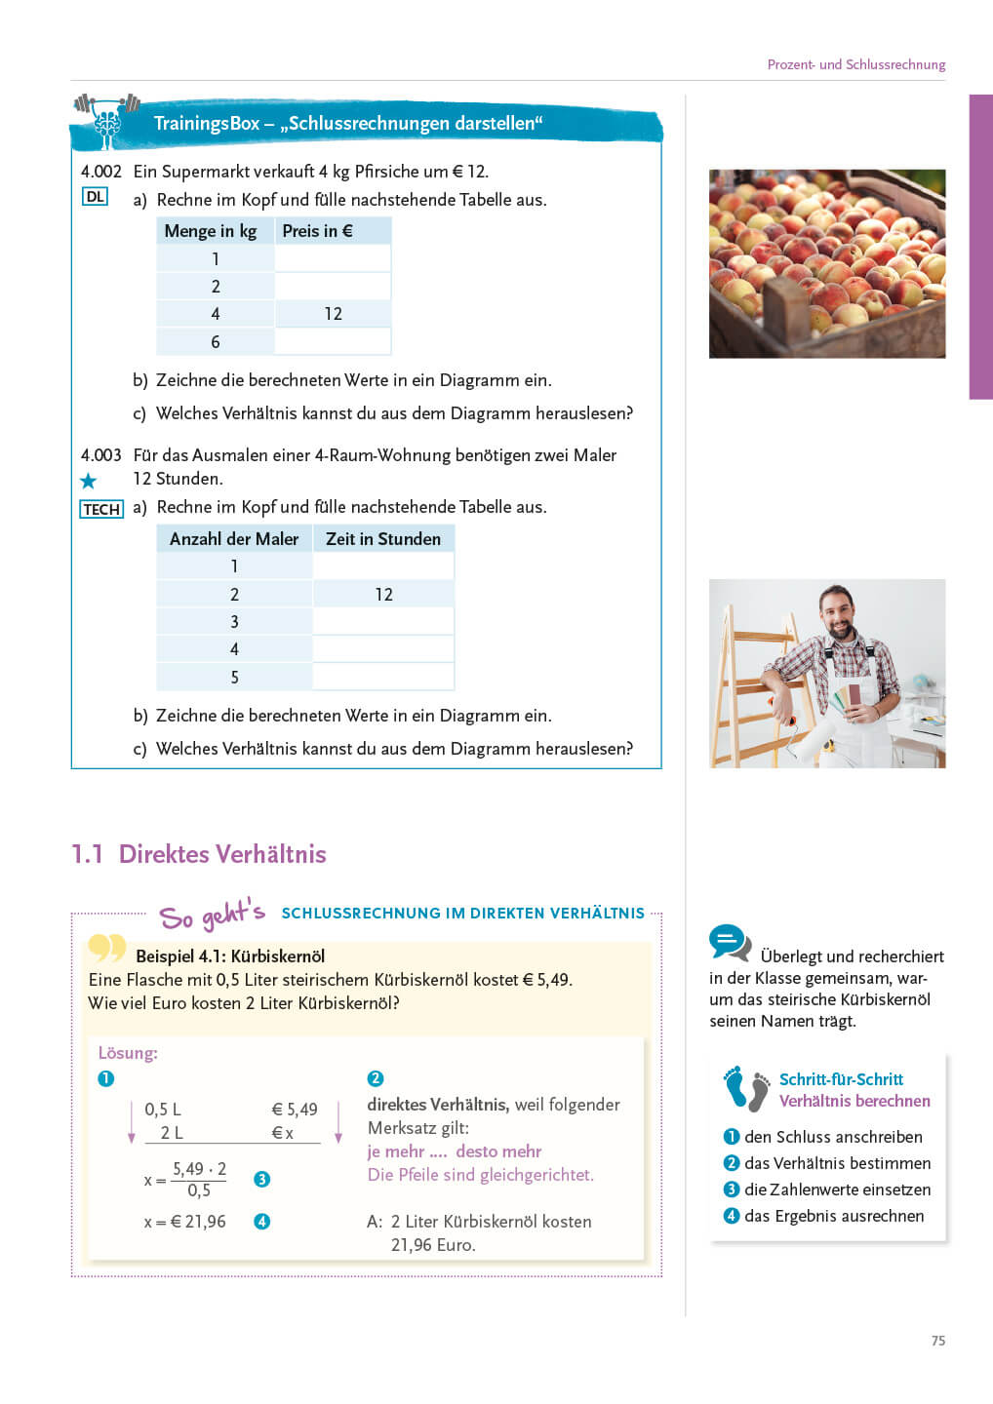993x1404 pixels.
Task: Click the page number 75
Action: point(938,1341)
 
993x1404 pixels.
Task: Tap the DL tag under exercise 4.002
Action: point(95,197)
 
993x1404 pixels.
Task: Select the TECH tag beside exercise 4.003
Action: point(101,509)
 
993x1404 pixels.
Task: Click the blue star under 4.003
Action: point(89,481)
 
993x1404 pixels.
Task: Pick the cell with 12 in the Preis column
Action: point(333,314)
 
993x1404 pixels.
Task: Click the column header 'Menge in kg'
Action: point(211,231)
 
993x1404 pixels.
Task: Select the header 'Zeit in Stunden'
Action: point(382,539)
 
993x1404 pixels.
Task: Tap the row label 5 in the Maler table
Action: point(234,677)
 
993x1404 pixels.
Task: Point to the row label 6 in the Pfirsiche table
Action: point(216,342)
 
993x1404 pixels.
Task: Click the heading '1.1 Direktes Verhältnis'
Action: point(199,854)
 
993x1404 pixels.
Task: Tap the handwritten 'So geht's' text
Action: point(212,916)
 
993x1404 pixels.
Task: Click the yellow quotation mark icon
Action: point(107,948)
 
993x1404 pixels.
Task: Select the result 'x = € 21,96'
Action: point(185,1222)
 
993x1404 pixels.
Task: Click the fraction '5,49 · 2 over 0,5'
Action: point(199,1180)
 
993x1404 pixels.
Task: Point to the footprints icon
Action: point(747,1089)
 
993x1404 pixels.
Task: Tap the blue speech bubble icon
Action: point(730,943)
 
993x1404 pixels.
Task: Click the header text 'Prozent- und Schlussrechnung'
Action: point(855,64)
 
